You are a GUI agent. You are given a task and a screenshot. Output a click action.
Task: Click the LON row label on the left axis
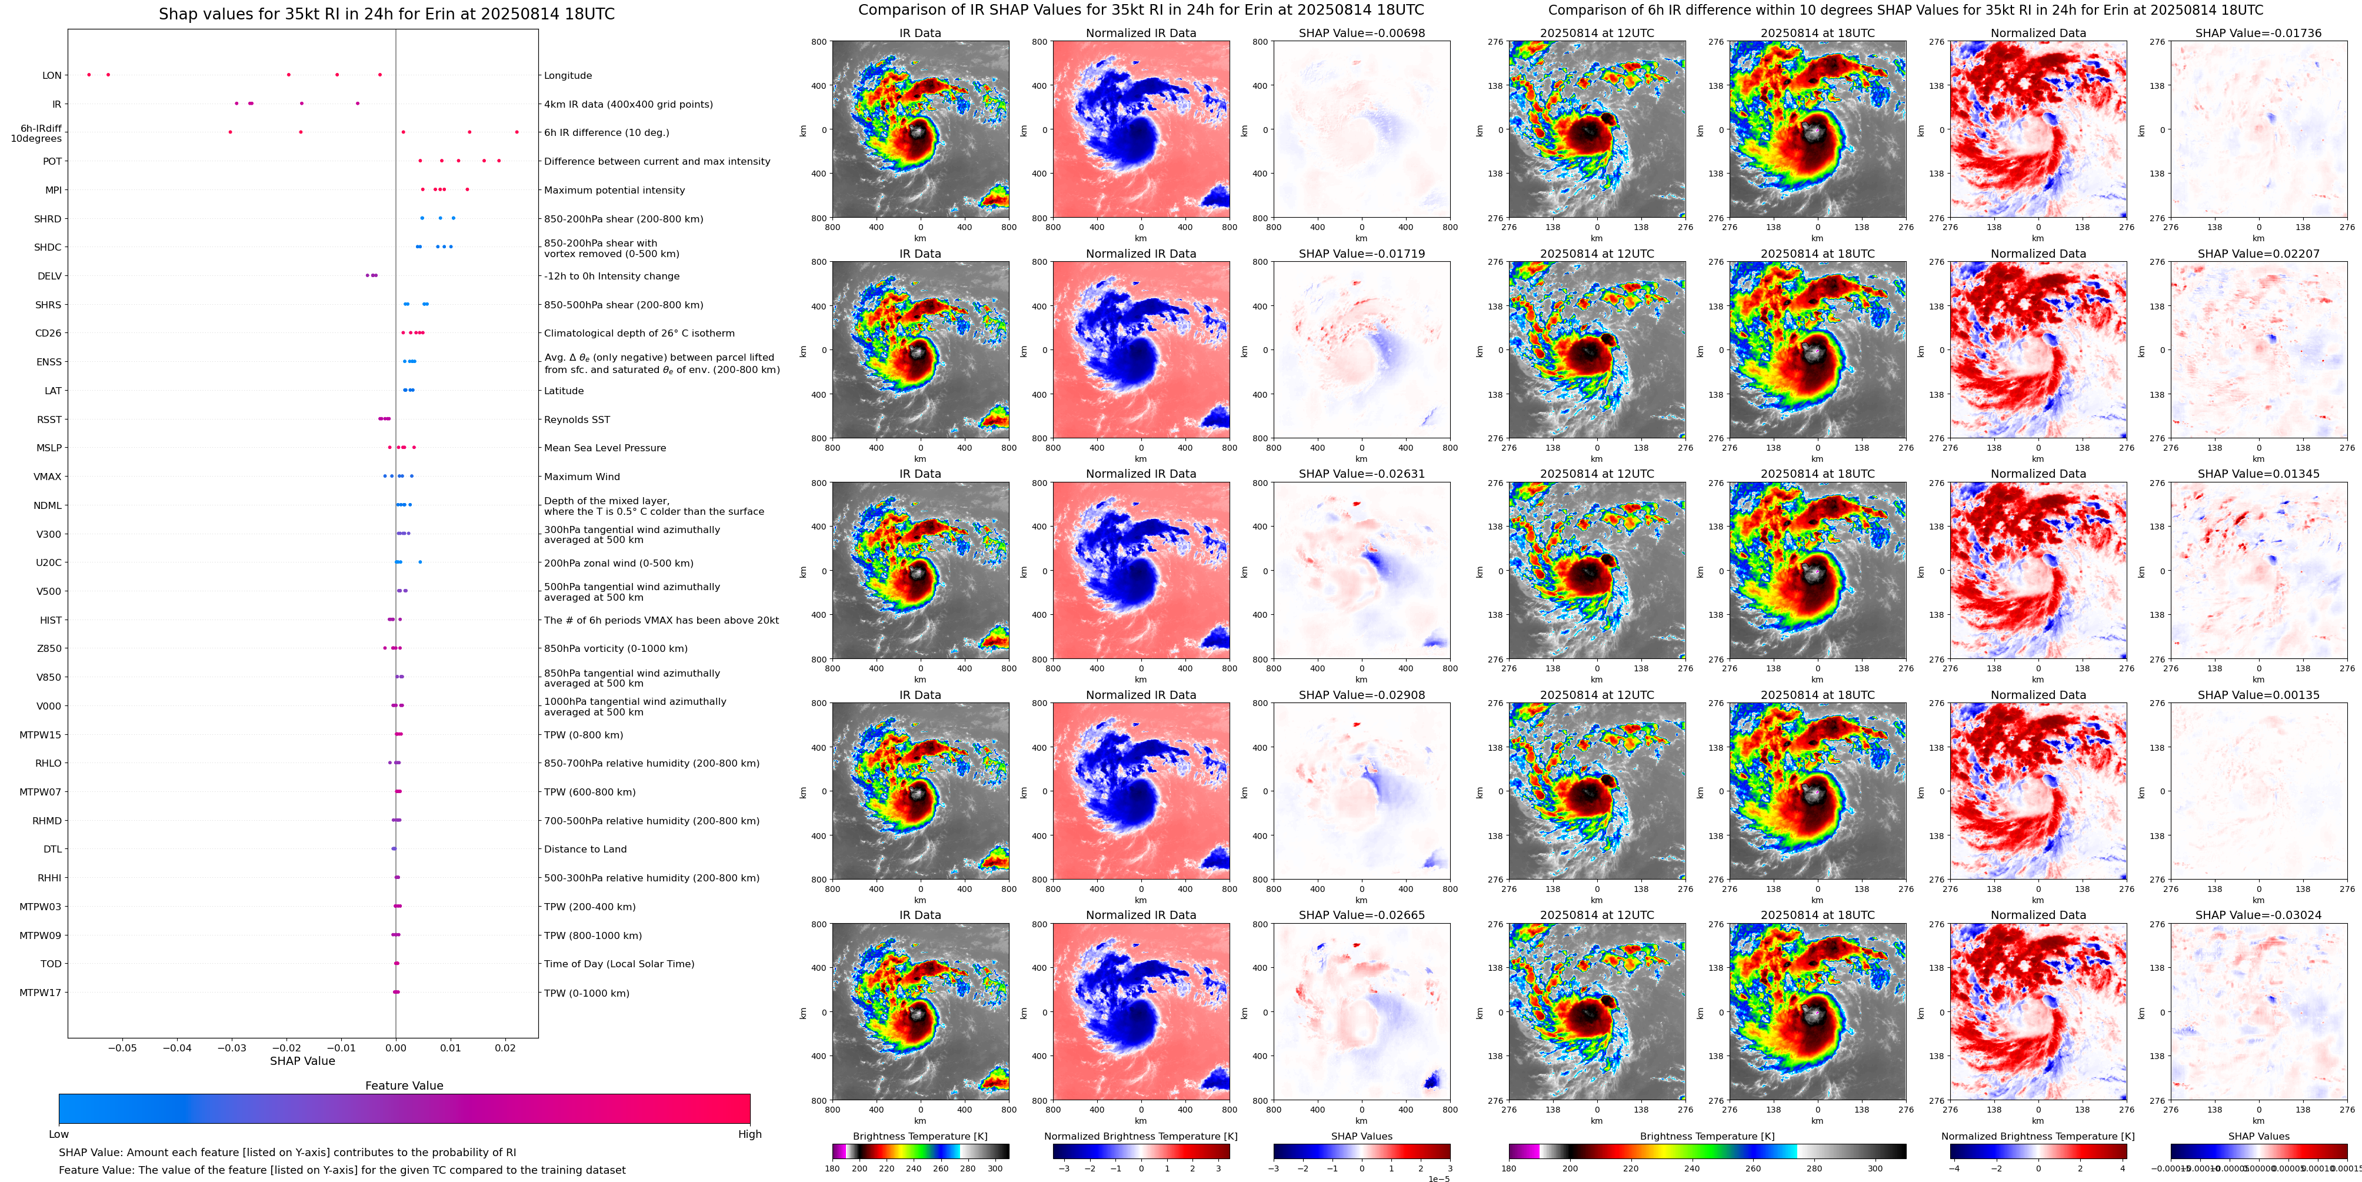(52, 76)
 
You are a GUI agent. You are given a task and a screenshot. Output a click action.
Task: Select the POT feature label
(52, 161)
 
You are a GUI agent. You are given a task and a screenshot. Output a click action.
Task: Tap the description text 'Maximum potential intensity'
(614, 191)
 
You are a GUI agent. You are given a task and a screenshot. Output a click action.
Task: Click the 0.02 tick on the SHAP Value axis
(504, 1047)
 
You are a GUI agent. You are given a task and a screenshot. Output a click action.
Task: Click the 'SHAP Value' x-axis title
(302, 1061)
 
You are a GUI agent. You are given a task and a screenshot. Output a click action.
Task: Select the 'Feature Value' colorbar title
(404, 1086)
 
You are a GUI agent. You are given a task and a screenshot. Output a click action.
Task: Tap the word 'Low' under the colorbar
(59, 1134)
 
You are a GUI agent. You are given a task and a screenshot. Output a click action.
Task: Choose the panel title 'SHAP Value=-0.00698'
(1362, 33)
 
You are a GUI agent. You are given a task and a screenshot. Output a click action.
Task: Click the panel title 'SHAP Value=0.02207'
(2258, 254)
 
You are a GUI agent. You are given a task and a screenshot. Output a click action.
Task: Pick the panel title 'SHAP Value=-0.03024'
(2258, 915)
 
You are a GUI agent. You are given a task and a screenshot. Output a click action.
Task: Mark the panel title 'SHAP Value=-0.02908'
(1362, 695)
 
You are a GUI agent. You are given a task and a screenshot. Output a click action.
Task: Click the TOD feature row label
(51, 964)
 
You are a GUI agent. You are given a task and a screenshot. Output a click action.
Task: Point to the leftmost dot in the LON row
(89, 74)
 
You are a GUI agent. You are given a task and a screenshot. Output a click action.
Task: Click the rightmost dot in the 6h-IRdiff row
(517, 132)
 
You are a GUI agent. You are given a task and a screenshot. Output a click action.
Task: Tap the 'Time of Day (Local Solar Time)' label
(619, 964)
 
